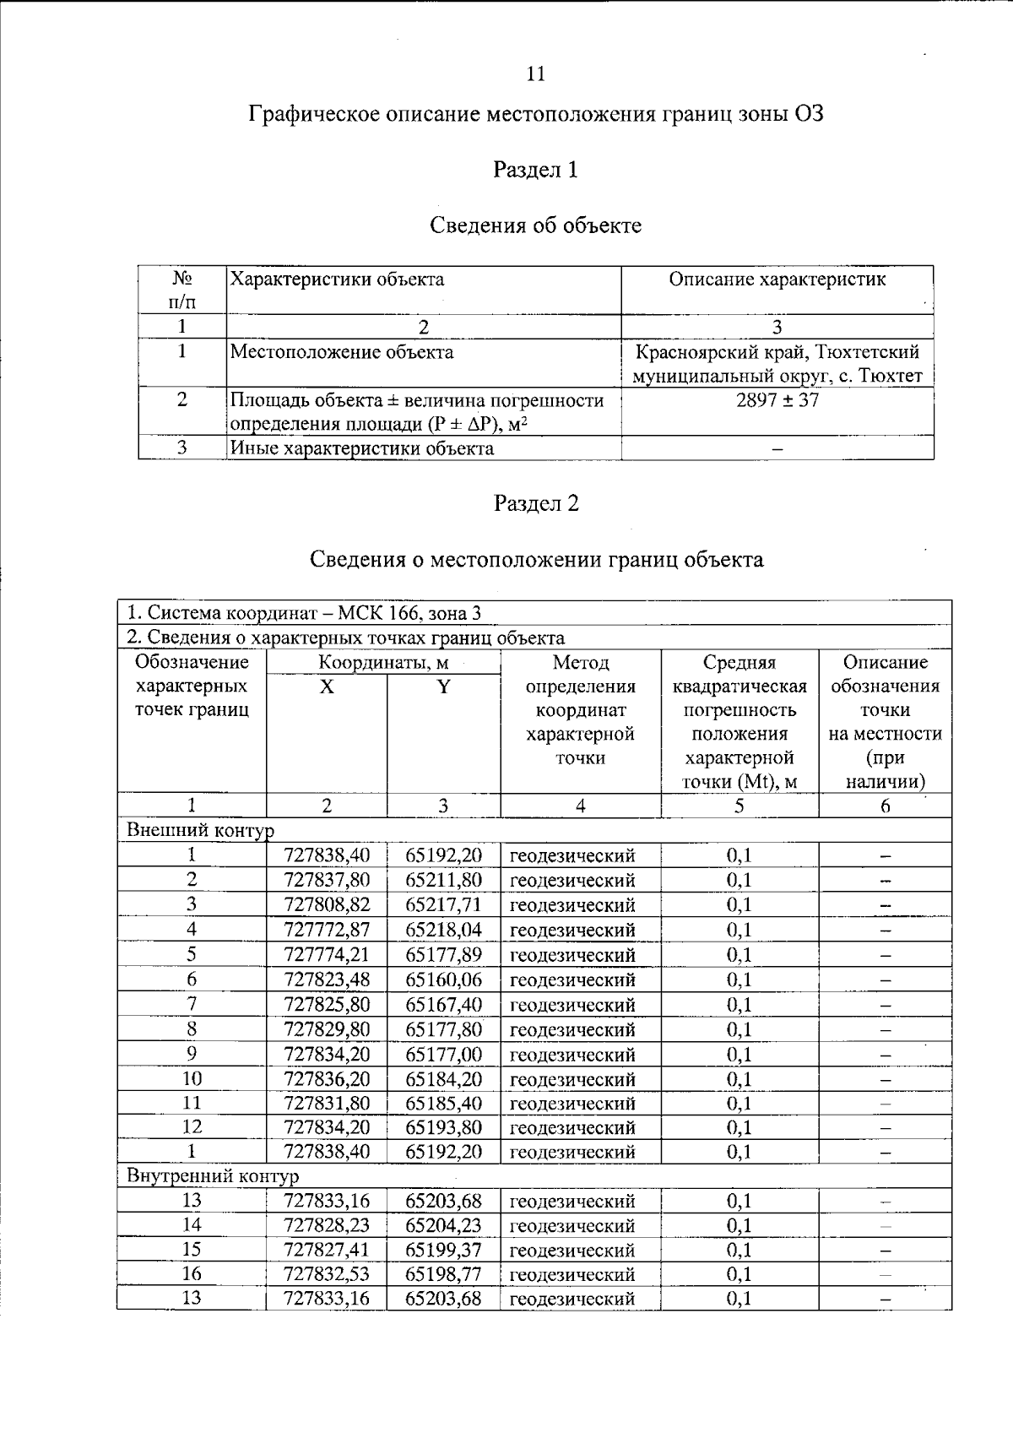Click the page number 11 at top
[x=535, y=74]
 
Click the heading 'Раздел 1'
[x=535, y=170]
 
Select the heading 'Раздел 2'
[x=535, y=504]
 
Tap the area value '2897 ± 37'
[x=777, y=400]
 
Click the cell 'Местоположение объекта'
[x=342, y=352]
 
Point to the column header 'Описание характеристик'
[x=777, y=279]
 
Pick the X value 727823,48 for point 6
[x=327, y=980]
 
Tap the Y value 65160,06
[x=443, y=980]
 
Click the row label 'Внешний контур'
[x=200, y=830]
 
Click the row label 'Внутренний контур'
[x=212, y=1176]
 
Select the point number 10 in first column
[x=192, y=1079]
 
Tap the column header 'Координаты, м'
[x=383, y=663]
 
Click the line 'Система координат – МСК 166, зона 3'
[x=304, y=613]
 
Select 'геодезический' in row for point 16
[x=572, y=1274]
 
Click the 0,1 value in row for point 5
[x=739, y=955]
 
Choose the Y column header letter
[x=443, y=687]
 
